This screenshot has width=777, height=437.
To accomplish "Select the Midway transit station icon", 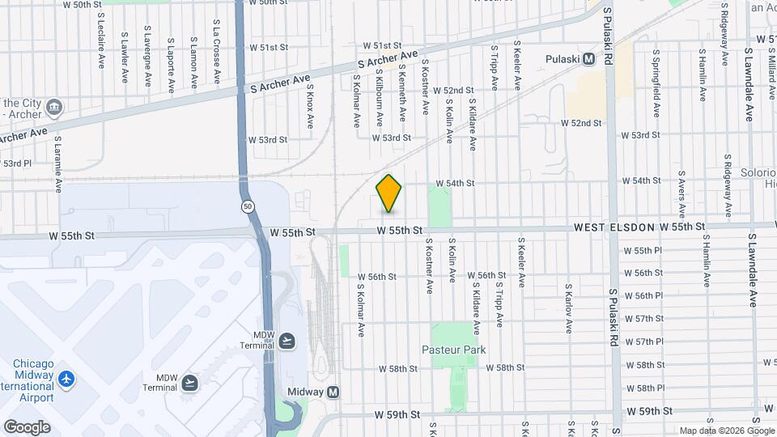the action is (333, 392).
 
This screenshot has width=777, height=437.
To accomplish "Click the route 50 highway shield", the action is (246, 207).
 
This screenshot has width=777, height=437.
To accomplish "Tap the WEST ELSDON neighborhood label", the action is (614, 229).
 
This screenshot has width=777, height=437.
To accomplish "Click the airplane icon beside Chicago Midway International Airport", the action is (66, 378).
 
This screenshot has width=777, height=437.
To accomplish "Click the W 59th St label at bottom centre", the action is (398, 414).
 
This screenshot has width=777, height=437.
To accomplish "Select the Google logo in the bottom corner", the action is (26, 426).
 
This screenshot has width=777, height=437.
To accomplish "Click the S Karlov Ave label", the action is (570, 308).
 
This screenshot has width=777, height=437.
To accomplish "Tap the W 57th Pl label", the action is (649, 342).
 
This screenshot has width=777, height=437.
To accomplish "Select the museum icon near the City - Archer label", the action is (54, 106).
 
